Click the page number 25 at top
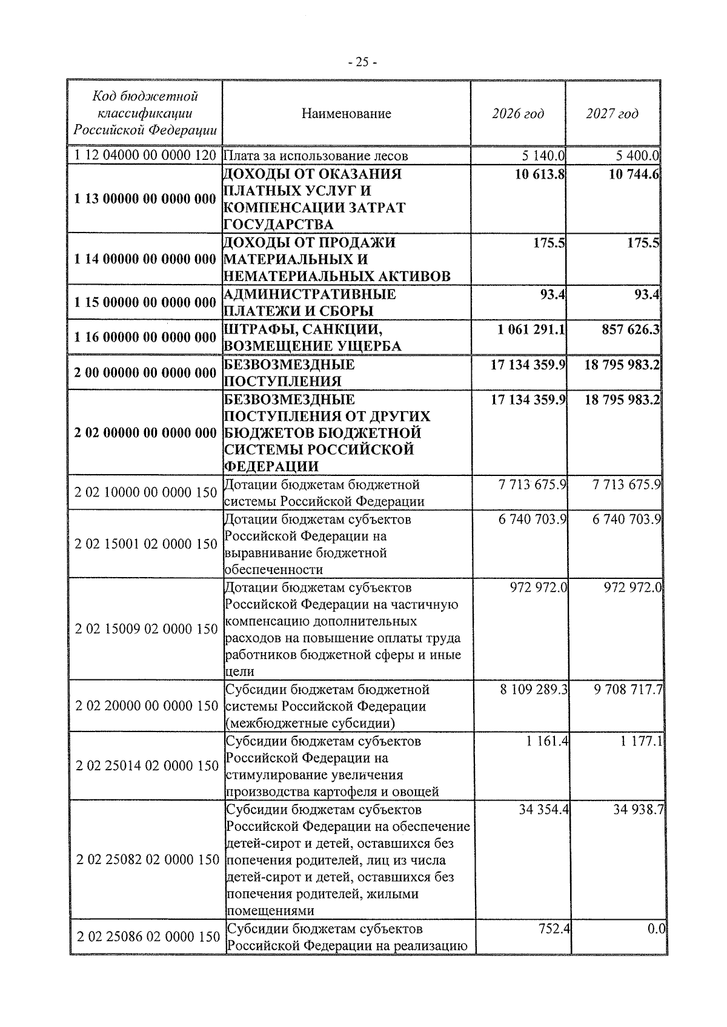coord(363,62)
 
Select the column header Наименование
coord(346,113)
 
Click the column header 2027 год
coord(612,113)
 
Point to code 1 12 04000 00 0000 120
coord(145,156)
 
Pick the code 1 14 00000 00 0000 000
coord(145,259)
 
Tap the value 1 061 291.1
coord(531,329)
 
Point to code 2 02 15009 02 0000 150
coord(146,629)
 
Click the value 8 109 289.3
coord(534,689)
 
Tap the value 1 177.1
coord(642,741)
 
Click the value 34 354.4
coord(543,810)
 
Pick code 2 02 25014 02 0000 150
coord(147,766)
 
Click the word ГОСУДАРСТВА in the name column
coord(279,225)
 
